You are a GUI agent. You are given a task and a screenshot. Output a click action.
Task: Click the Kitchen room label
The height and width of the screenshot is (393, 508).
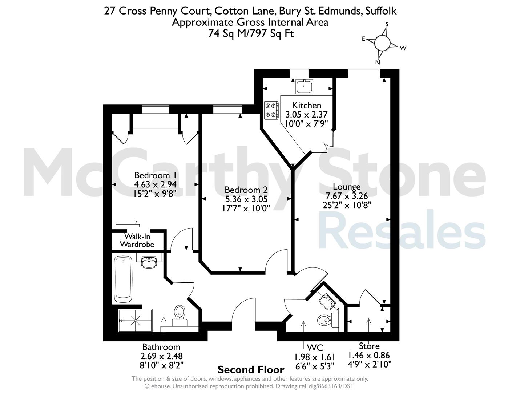306,105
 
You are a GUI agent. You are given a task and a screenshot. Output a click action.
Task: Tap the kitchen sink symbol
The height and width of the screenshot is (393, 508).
305,86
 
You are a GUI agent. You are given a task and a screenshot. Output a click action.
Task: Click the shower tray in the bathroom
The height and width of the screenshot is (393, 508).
135,321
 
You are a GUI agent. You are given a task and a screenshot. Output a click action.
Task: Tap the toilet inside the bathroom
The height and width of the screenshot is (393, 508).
180,315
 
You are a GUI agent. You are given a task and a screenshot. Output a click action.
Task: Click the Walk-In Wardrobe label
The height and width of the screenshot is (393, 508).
137,240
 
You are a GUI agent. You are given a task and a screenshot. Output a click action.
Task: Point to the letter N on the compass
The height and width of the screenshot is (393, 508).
378,62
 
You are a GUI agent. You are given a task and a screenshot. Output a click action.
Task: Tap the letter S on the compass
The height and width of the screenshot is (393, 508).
387,24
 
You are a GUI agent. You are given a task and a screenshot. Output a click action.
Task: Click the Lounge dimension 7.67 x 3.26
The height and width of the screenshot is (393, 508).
347,196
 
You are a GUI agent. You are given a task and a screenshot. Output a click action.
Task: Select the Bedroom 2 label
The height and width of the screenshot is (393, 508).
246,190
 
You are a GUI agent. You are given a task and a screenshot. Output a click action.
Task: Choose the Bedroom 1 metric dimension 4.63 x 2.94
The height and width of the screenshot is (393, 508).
155,184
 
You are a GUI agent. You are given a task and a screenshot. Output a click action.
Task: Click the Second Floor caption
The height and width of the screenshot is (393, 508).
251,370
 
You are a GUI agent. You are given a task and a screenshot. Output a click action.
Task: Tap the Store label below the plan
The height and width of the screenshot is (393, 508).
369,346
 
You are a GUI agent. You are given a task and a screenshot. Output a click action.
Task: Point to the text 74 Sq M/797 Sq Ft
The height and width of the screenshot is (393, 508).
251,34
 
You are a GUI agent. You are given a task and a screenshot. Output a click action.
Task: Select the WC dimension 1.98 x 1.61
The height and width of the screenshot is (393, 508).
314,357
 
